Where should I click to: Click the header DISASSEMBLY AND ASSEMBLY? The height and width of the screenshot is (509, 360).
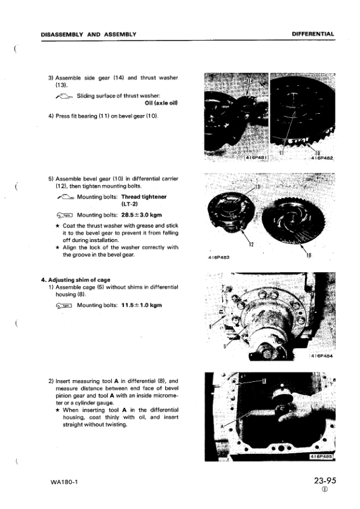[x=88, y=34]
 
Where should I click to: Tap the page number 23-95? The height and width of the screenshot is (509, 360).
[x=325, y=482]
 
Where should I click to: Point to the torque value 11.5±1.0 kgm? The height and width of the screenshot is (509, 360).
[x=140, y=306]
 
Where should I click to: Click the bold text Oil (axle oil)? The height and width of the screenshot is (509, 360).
[x=156, y=103]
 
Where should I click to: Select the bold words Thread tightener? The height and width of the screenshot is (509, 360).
[x=145, y=197]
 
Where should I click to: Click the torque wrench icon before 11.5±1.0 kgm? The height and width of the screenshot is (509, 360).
[x=64, y=306]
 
